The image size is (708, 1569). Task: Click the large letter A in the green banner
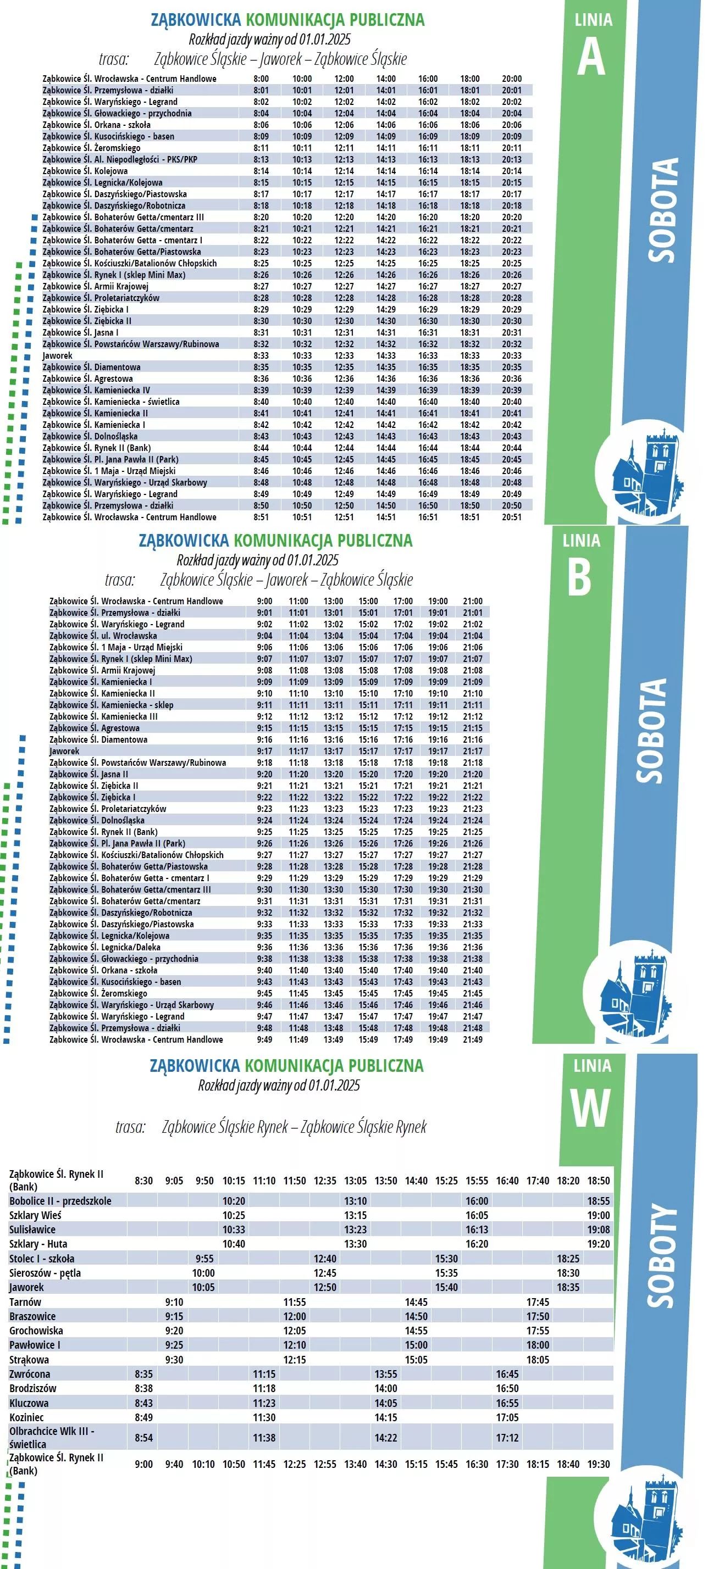coord(590,58)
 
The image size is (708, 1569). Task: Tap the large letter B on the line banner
coord(579,577)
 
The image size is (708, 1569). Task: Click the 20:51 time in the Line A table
coord(511,517)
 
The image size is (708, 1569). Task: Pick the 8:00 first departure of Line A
coord(261,79)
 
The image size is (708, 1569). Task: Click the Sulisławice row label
coord(32,1229)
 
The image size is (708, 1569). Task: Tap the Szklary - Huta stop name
coord(38,1244)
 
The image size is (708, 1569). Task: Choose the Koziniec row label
coord(27,1417)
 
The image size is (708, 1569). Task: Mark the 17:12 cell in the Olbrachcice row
coord(507,1438)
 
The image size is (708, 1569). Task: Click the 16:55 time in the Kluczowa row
coord(507,1403)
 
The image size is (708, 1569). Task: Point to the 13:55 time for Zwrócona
coord(386,1374)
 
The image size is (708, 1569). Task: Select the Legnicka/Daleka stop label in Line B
coord(105,947)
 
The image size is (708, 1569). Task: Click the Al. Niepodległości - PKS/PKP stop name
coord(119,159)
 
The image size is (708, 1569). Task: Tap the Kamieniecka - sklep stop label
coord(111,705)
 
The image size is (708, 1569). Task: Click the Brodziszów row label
coord(33,1388)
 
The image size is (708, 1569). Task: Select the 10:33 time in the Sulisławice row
coord(234,1229)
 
